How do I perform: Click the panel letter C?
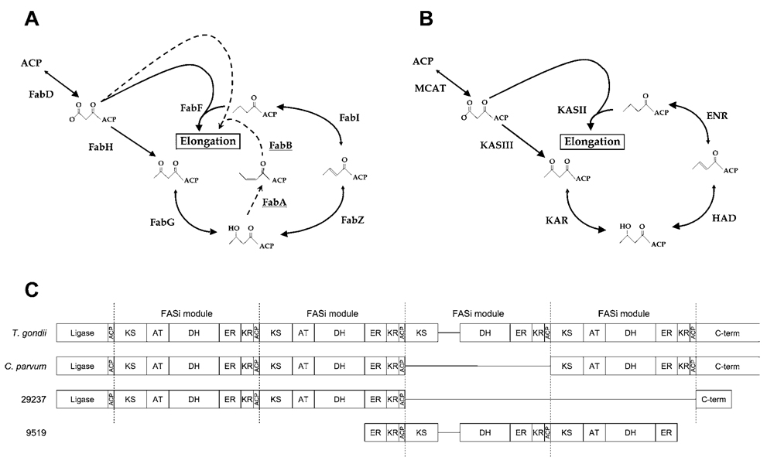33,289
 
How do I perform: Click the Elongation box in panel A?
207,142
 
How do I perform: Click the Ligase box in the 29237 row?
81,399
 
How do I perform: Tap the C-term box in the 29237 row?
713,399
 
